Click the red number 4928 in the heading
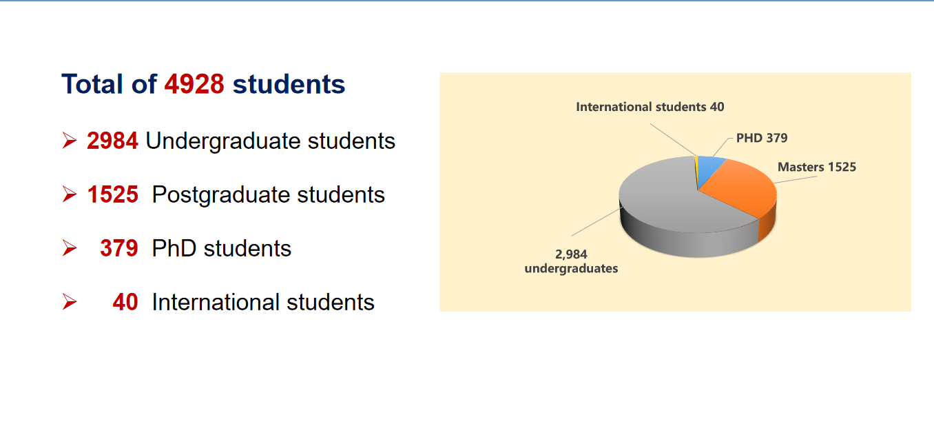click(x=194, y=84)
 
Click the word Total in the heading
click(x=92, y=84)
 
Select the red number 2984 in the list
click(x=112, y=141)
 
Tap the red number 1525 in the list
click(x=112, y=194)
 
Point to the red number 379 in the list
click(x=119, y=248)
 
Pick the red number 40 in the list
click(x=125, y=302)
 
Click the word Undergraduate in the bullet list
click(x=222, y=141)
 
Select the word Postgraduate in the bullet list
click(x=221, y=195)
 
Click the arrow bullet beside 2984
click(x=69, y=140)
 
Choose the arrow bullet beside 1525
click(x=69, y=194)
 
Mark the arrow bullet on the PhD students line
click(x=69, y=248)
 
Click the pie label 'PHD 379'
click(x=762, y=138)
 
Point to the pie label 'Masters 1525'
click(x=817, y=168)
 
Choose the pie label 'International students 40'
click(x=650, y=108)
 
